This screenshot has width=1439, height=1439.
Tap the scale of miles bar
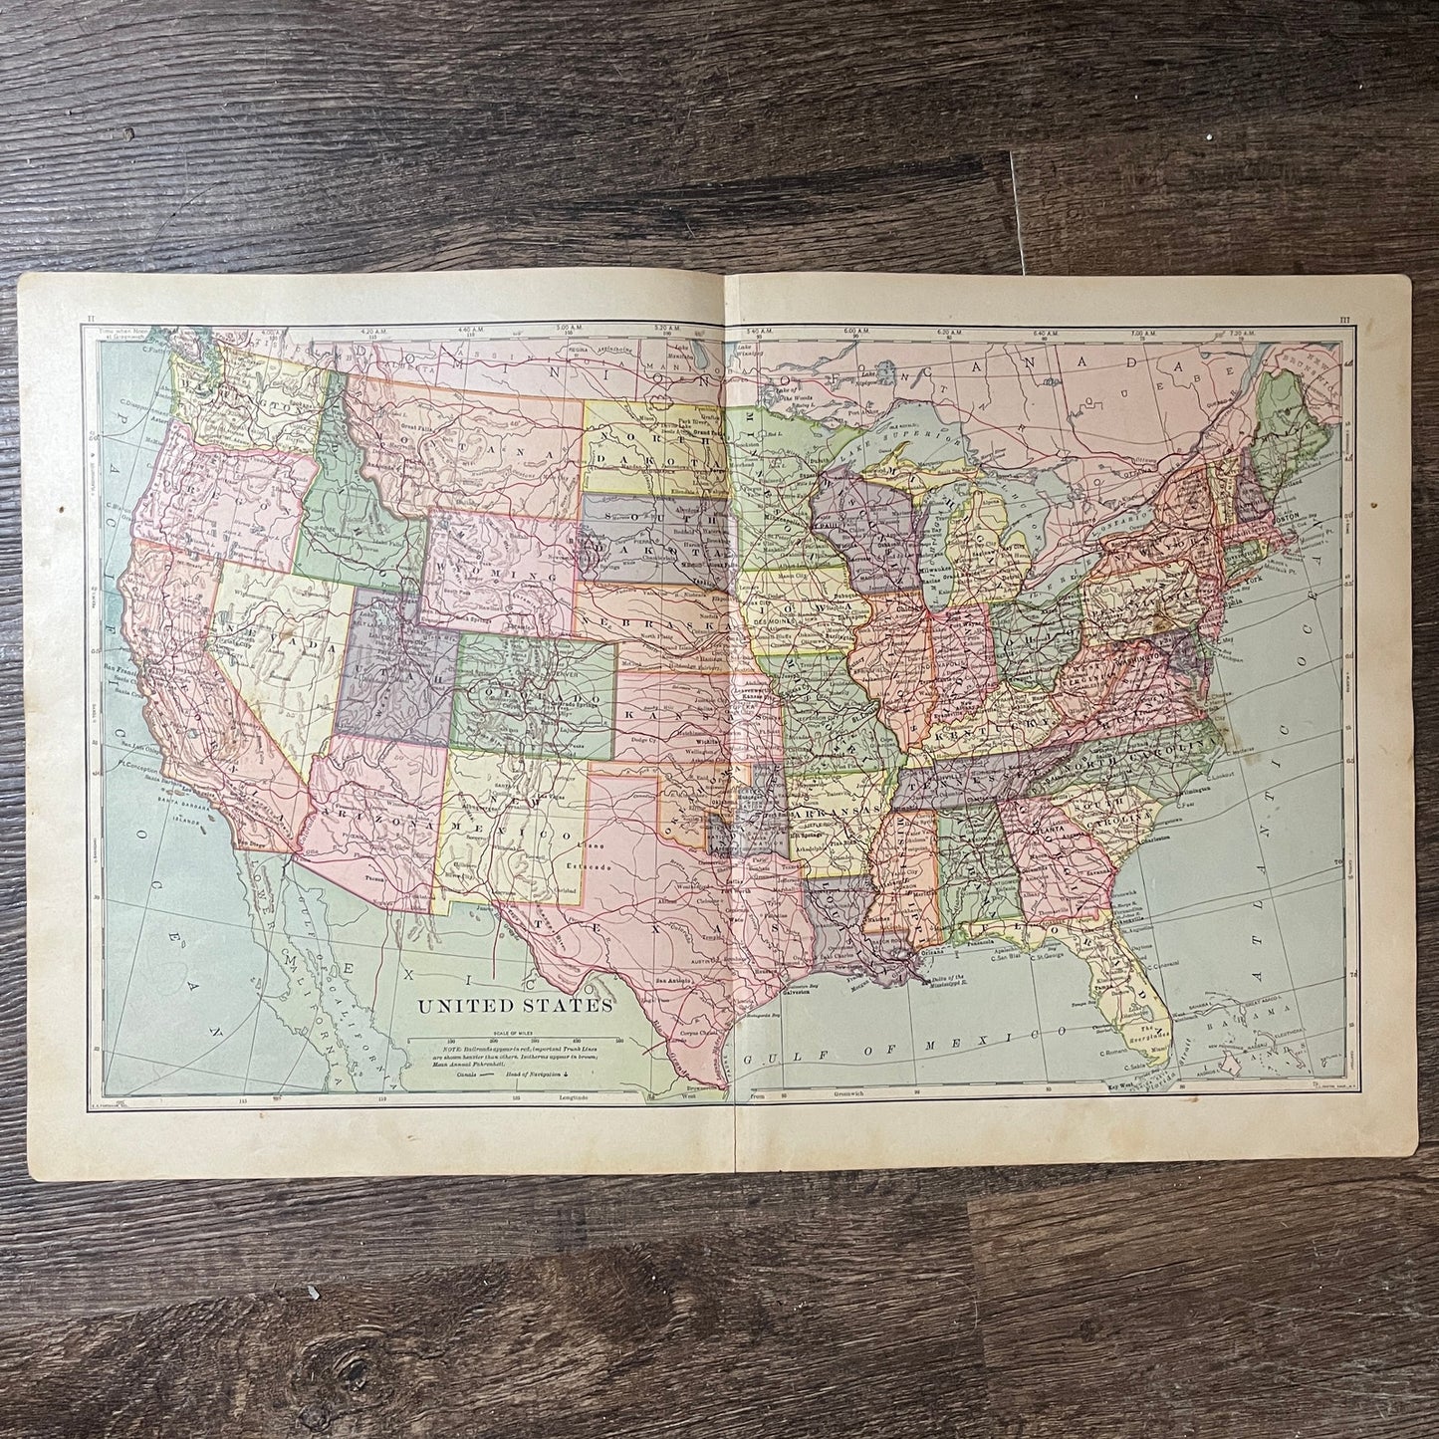coord(514,1018)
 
